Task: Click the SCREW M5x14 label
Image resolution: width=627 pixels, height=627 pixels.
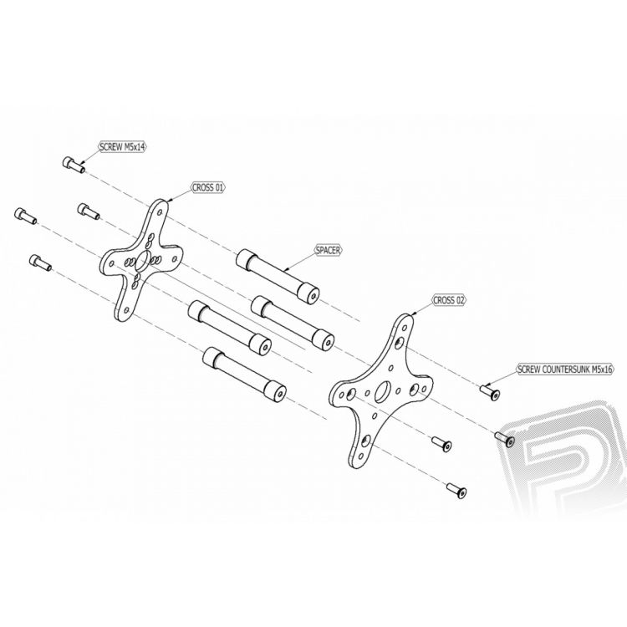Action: pos(123,147)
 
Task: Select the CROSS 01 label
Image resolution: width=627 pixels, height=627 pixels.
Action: pos(208,187)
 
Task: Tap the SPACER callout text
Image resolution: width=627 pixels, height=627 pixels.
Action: pos(328,251)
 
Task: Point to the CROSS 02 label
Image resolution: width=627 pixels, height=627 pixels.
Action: pos(450,300)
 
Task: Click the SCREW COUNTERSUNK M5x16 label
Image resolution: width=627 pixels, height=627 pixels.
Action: pos(564,370)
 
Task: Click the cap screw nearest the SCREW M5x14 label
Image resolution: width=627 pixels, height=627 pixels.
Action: pos(74,165)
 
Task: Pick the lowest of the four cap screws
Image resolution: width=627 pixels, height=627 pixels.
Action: pos(40,263)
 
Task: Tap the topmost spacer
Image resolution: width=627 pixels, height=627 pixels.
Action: pos(278,277)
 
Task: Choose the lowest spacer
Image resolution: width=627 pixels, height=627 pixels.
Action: pos(245,374)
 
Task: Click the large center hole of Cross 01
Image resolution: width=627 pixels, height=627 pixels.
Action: pos(143,261)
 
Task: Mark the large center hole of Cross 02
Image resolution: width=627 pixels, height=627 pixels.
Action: pos(383,391)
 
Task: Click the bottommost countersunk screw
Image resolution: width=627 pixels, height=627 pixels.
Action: pos(456,490)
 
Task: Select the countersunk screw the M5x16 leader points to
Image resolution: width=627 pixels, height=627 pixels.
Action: pos(490,391)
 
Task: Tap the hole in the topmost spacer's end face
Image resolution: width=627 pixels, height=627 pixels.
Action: pos(313,296)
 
